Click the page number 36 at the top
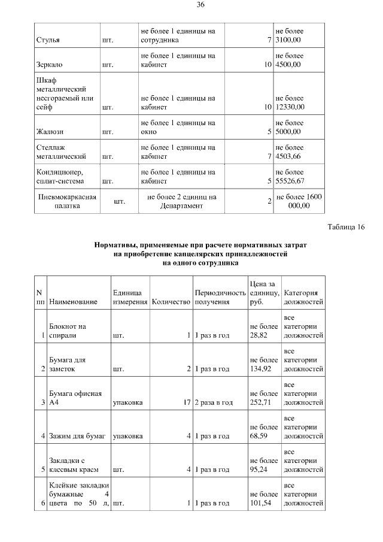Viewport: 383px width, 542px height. pyautogui.click(x=200, y=5)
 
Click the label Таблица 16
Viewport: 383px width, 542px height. pyautogui.click(x=346, y=227)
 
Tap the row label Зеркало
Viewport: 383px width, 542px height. pyautogui.click(x=50, y=64)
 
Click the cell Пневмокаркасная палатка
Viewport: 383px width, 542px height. pyautogui.click(x=67, y=201)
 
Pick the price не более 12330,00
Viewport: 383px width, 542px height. pyautogui.click(x=290, y=102)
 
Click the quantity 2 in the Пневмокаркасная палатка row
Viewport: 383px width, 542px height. pyautogui.click(x=269, y=201)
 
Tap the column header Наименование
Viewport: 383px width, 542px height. pyautogui.click(x=74, y=302)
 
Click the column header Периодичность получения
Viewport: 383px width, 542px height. pyautogui.click(x=220, y=297)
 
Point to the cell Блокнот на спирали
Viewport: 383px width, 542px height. pyautogui.click(x=67, y=331)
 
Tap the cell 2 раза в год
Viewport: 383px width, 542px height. pyautogui.click(x=214, y=402)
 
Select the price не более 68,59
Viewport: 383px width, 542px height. pyautogui.click(x=263, y=431)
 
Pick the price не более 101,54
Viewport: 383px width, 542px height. pyautogui.click(x=263, y=499)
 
